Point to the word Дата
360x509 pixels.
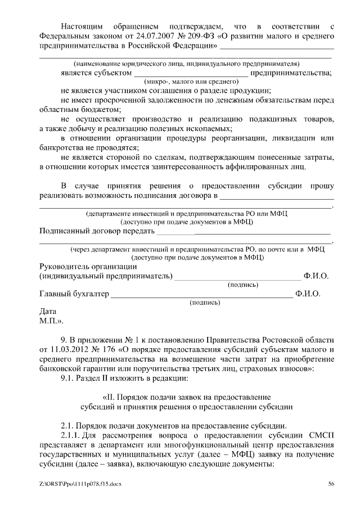tap(48, 311)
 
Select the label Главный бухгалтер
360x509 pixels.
tap(74, 294)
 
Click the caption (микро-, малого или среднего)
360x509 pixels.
tap(184, 82)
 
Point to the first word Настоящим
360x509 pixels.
tap(82, 26)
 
